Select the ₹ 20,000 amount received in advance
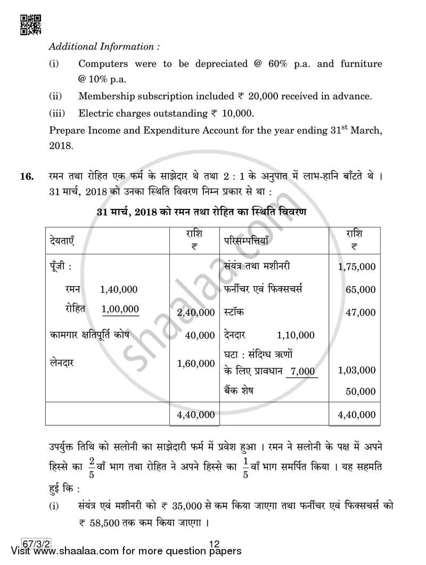click(x=258, y=96)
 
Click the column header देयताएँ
click(x=60, y=240)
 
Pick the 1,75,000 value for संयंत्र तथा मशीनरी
click(x=356, y=267)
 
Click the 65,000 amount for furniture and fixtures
click(x=360, y=290)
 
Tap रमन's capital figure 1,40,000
click(x=118, y=289)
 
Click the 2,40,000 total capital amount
click(x=195, y=313)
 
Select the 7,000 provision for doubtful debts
click(x=303, y=371)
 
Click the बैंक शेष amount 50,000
click(x=360, y=392)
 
